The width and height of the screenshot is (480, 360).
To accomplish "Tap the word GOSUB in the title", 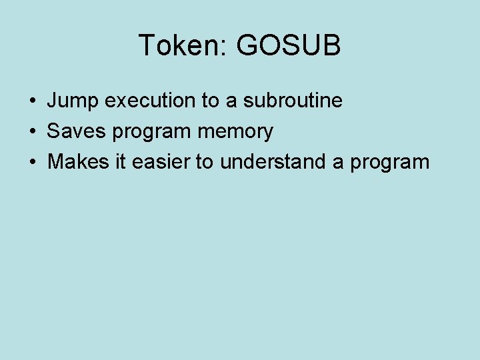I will (289, 46).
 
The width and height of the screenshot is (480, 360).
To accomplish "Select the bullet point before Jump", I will (32, 101).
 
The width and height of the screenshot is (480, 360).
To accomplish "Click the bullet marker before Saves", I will (32, 132).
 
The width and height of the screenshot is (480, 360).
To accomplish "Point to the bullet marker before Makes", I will (32, 163).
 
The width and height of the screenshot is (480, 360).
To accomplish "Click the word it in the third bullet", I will (119, 162).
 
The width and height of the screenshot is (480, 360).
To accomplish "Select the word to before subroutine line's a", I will (210, 101).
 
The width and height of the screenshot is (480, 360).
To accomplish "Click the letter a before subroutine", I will (231, 102).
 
